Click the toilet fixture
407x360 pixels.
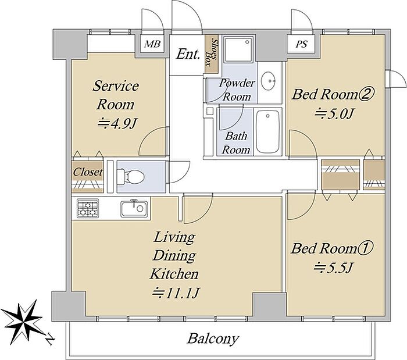pos(130,176)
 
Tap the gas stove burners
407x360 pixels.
pos(88,208)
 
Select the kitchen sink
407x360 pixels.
pos(134,209)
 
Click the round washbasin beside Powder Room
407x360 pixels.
pos(269,80)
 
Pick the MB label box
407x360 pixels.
pos(152,44)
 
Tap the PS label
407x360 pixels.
pos(302,44)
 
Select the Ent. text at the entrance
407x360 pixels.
pos(188,54)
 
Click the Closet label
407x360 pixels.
pos(87,172)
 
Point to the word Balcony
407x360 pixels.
pos(213,338)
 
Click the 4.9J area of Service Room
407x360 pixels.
pos(117,124)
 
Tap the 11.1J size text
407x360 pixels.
pos(176,293)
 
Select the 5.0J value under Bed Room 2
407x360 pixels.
pos(335,113)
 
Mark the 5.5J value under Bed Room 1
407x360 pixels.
pos(333,268)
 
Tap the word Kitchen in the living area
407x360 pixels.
pos(174,274)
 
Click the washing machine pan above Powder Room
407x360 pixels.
pos(238,48)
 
